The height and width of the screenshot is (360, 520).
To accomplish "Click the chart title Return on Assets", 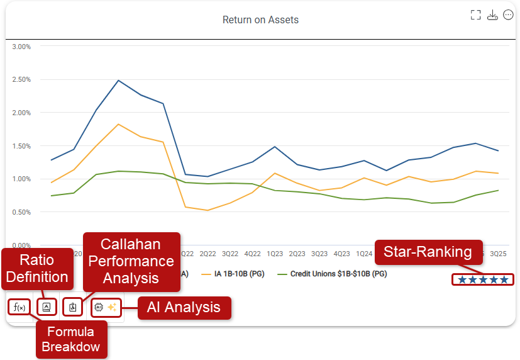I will [x=260, y=20].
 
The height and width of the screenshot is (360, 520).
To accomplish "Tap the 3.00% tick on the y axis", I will [x=22, y=47].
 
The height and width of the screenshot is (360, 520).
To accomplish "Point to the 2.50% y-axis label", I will [x=22, y=80].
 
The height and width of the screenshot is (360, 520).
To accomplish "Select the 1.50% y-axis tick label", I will [x=22, y=146].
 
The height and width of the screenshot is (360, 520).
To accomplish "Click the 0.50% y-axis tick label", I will [x=22, y=212].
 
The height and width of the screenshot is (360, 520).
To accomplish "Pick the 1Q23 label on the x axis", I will [x=275, y=254].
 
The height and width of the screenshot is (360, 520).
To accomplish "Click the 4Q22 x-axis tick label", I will [x=252, y=254].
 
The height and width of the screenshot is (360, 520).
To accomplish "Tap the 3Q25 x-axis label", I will [x=498, y=254].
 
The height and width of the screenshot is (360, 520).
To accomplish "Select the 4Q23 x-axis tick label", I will [x=341, y=254].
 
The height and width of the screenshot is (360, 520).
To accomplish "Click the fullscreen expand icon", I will [x=476, y=14].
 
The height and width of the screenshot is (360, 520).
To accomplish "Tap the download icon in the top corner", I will [x=492, y=14].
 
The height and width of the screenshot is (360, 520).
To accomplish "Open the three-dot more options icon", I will [x=509, y=14].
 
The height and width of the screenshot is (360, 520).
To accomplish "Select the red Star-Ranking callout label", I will [x=428, y=252].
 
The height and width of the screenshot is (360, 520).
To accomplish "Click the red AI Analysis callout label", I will [x=184, y=308].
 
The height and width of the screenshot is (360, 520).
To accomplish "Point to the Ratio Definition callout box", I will [x=36, y=269].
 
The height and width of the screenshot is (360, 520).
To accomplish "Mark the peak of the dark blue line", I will [x=118, y=81].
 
